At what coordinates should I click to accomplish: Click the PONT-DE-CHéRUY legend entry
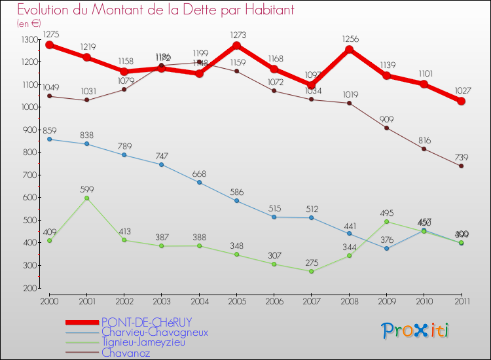(x=146, y=322)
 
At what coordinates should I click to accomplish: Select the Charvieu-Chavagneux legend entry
(x=155, y=332)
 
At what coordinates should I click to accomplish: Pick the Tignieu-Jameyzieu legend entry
(x=153, y=342)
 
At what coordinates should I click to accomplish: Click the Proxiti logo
(x=416, y=330)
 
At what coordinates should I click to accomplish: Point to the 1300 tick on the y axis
(x=30, y=40)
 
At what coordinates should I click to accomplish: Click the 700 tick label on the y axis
(x=30, y=175)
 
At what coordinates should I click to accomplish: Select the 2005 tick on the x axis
(x=237, y=300)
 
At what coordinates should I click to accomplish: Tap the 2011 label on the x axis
(x=462, y=300)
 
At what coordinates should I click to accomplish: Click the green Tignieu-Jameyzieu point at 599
(x=87, y=198)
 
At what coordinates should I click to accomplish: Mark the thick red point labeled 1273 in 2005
(x=237, y=46)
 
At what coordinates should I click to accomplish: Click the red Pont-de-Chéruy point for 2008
(x=350, y=50)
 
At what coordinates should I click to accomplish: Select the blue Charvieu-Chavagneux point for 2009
(x=387, y=248)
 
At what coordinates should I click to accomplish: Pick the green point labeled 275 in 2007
(x=312, y=271)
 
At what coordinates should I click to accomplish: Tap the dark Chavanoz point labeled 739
(x=462, y=166)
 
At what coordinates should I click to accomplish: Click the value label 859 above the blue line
(x=50, y=130)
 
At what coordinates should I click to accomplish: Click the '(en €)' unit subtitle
(x=29, y=24)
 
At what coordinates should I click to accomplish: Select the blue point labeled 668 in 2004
(x=200, y=182)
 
